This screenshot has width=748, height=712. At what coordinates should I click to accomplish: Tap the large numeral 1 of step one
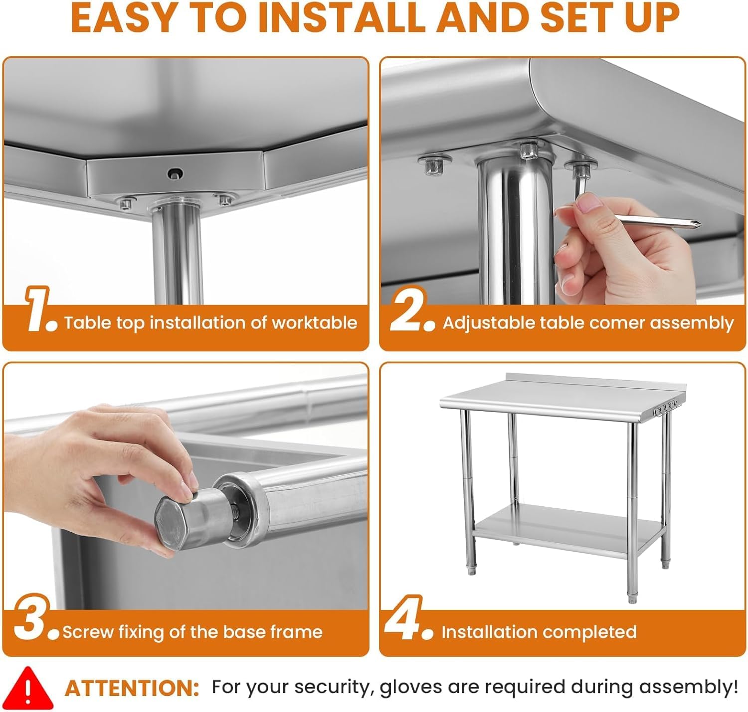38,308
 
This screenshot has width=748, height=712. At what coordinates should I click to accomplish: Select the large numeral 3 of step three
32,617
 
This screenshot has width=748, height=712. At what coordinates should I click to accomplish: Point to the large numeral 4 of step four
403,617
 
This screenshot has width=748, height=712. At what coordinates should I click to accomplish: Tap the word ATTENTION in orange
132,689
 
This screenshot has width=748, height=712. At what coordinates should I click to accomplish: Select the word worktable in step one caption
314,323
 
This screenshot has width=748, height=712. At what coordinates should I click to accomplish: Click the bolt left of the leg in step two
433,164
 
